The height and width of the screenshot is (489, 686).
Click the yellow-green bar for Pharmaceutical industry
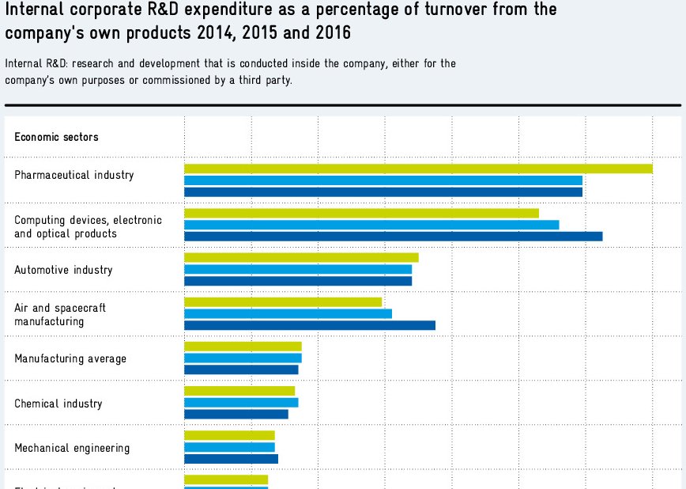(418, 169)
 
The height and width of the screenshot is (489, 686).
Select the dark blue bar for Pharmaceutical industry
(383, 191)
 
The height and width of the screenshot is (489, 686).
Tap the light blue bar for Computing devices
(371, 225)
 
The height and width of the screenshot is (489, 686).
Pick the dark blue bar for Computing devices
(393, 236)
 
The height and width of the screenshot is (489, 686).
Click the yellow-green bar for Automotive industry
(301, 258)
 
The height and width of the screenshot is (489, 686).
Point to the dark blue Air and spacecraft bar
(310, 324)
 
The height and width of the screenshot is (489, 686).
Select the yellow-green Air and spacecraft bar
(283, 302)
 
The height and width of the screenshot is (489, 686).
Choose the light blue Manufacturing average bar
(243, 358)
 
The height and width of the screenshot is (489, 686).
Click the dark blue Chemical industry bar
(236, 414)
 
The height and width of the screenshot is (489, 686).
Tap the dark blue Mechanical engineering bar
(231, 458)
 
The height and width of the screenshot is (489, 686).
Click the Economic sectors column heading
(56, 137)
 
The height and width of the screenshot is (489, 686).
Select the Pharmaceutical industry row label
(74, 175)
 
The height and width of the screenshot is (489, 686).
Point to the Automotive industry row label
(63, 270)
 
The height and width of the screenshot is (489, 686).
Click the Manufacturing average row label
(70, 358)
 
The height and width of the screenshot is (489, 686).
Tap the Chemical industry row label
(58, 404)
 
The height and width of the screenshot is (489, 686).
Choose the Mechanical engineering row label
(72, 448)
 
